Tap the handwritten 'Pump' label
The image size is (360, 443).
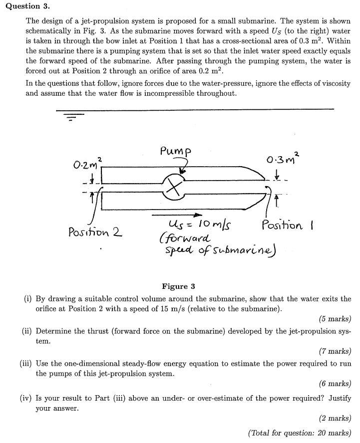coord(176,150)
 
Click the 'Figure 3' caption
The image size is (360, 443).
coord(178,286)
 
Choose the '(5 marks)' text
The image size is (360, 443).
coord(335,319)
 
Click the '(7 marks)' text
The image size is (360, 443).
coord(335,351)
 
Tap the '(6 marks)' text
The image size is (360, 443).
coord(335,384)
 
